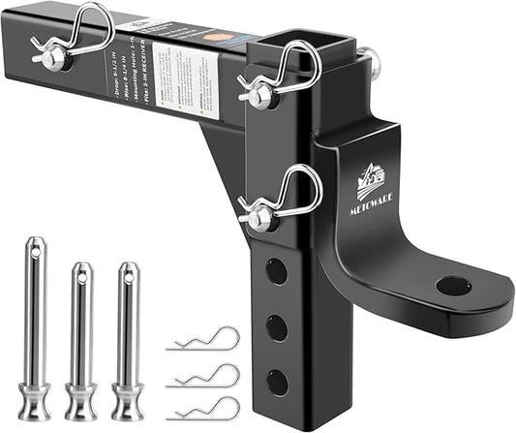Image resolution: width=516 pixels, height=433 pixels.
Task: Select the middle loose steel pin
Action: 81,339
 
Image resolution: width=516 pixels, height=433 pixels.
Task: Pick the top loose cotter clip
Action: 203,340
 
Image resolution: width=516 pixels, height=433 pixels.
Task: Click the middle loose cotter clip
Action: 203,373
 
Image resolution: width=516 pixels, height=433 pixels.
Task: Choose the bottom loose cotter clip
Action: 203,406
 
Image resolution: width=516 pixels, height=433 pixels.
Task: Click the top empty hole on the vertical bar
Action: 276,271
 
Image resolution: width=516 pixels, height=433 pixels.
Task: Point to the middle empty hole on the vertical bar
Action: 278,325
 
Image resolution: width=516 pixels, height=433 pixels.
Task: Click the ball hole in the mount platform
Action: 453,286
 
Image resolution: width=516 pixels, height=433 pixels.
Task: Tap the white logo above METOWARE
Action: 372,181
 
